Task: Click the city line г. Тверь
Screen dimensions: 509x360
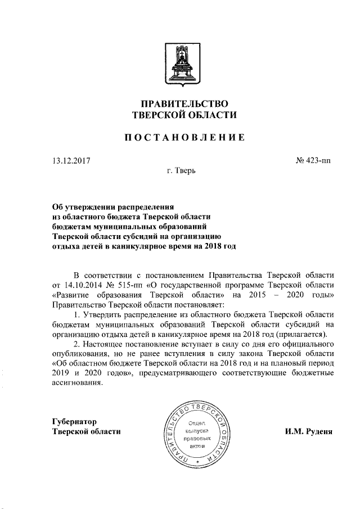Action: (x=181, y=171)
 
